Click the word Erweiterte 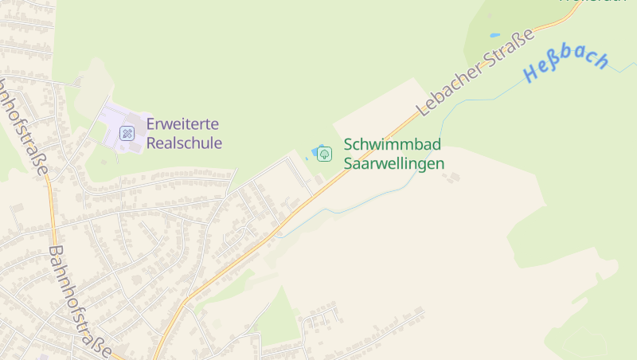pos(182,125)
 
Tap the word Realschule pos(184,143)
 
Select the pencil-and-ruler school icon pos(127,133)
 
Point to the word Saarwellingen pos(393,163)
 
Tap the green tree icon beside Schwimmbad pos(324,154)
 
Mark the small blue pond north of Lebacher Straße pos(494,36)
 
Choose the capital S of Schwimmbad pos(348,145)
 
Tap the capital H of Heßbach pos(533,75)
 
